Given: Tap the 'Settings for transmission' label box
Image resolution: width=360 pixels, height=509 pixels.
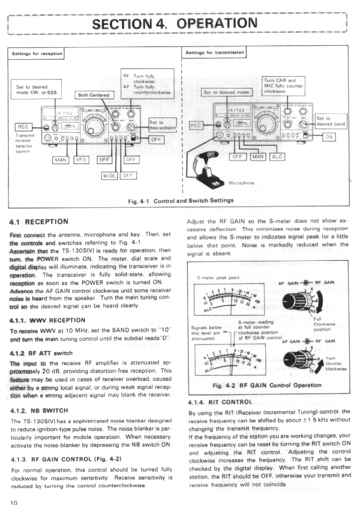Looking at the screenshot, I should pos(215,52).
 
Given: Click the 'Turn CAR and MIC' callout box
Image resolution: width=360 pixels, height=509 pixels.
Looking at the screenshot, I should pos(283,85).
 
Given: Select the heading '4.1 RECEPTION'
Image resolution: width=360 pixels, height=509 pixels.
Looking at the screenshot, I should pos(39,222).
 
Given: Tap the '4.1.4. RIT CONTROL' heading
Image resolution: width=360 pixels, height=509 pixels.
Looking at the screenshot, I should pos(220,401).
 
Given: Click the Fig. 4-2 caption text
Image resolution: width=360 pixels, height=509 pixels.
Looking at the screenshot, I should pos(267,385).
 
